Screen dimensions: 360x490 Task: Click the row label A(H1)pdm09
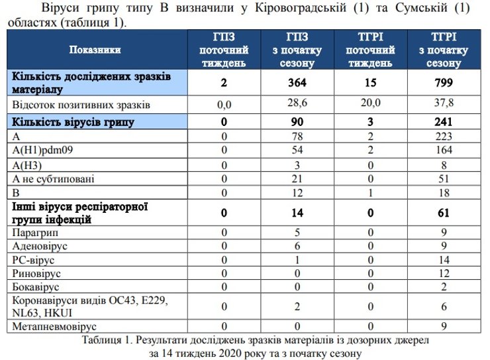click(x=42, y=150)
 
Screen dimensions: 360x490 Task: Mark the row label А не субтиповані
click(x=52, y=179)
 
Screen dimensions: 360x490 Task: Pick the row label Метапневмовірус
click(x=55, y=326)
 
